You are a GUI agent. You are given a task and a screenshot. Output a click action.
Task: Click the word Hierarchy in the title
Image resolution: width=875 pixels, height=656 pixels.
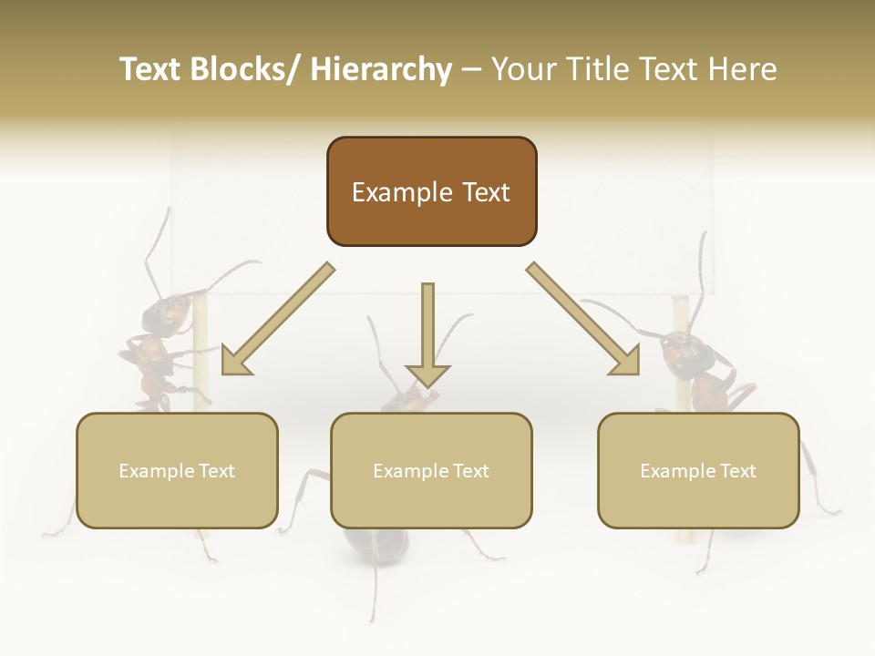[381, 70]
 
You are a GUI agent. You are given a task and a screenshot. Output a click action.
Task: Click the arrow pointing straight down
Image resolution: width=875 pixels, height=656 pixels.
[427, 337]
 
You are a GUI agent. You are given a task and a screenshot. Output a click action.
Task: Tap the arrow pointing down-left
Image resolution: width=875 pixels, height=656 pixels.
[274, 321]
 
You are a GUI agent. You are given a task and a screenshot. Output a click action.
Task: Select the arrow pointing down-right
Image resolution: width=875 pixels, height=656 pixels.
[584, 320]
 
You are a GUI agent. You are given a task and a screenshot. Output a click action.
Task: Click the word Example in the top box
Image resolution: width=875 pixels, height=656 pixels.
[401, 192]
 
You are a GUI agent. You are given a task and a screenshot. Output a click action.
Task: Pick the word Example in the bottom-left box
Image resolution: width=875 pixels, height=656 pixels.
[157, 471]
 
